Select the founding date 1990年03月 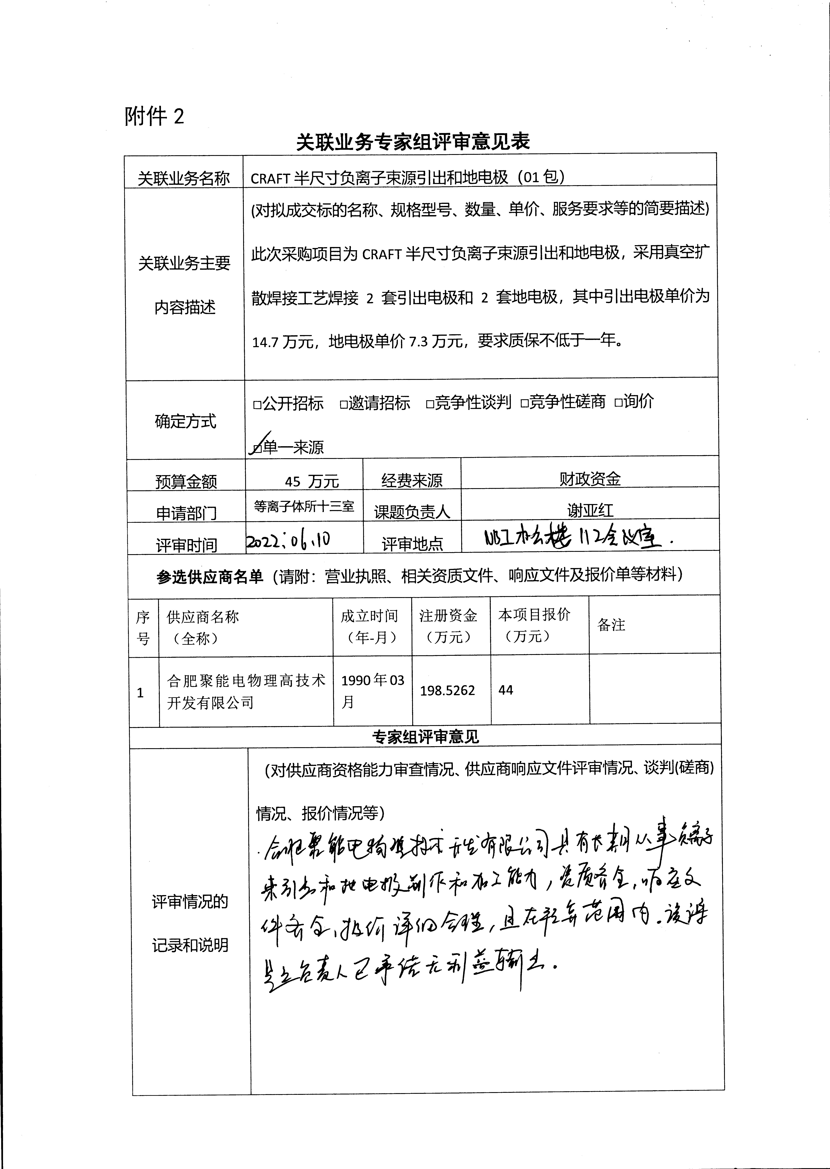click(x=372, y=691)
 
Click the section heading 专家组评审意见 click(x=425, y=736)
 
